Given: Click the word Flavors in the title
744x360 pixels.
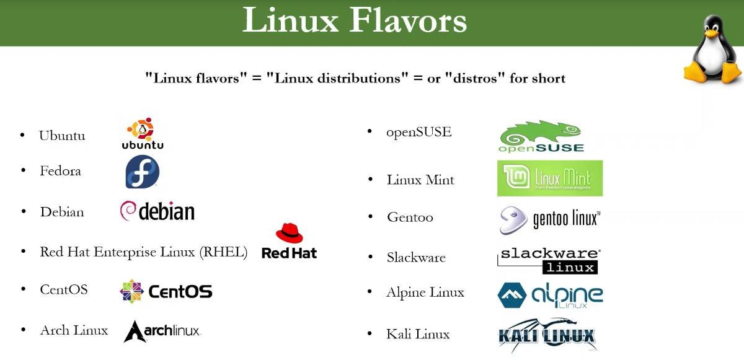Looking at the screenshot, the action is pos(408,20).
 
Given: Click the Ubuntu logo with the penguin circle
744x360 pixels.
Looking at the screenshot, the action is pos(143,133).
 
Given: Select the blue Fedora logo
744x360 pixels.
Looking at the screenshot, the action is pos(142,172).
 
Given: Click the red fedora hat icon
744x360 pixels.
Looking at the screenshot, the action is pos(290,232).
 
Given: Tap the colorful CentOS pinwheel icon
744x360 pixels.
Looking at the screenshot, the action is pos(131,291).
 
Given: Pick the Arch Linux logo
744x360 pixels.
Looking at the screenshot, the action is pos(162,331).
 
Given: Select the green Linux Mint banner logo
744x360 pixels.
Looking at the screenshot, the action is pos(550,178).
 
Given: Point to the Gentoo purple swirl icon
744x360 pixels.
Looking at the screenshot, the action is pos(513,220).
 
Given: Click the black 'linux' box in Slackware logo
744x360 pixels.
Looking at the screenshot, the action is pos(570,268).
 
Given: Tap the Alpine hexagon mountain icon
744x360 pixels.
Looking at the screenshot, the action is pos(512,296).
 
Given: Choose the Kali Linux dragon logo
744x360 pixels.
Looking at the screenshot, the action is pos(547,335).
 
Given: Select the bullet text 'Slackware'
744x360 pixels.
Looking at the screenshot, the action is pos(416,258).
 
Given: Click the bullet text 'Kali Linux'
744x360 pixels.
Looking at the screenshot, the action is pos(418,334).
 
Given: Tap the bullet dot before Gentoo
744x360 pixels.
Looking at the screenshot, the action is pos(371,217).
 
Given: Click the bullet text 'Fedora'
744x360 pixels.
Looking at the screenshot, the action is pos(61,171).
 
